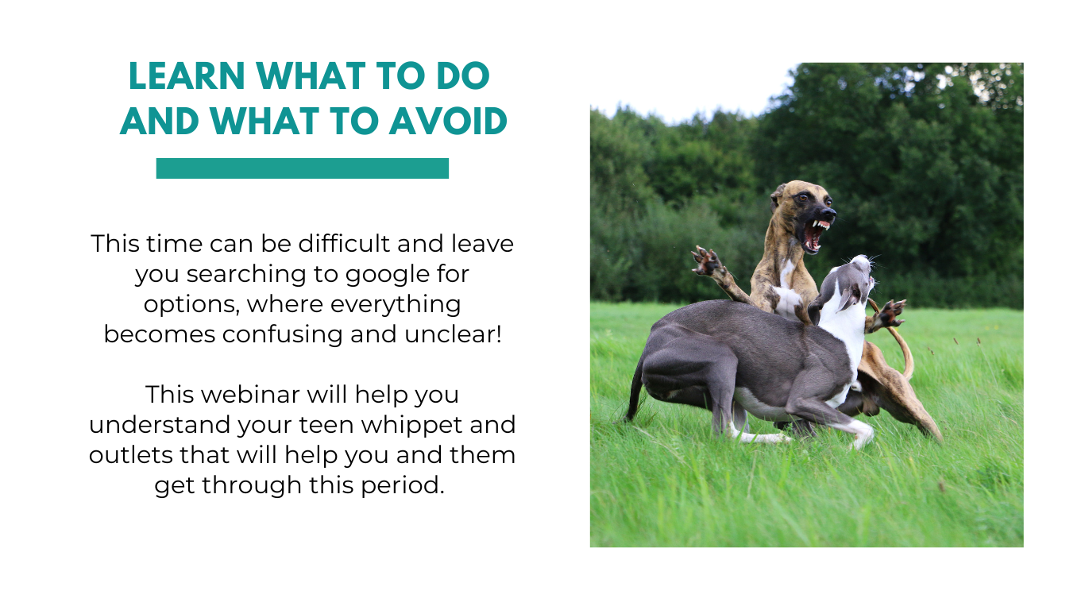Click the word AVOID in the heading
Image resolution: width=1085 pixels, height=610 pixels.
click(x=449, y=122)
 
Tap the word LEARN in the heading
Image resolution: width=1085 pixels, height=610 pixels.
click(x=187, y=76)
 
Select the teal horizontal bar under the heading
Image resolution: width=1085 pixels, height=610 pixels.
click(x=303, y=168)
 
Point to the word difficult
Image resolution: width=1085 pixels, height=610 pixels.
click(x=344, y=243)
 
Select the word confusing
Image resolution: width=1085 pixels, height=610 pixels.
click(x=283, y=335)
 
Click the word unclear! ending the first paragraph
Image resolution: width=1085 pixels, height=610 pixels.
click(x=454, y=334)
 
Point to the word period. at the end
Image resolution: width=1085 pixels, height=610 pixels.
click(x=403, y=486)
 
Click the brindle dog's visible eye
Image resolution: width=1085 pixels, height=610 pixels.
click(x=802, y=197)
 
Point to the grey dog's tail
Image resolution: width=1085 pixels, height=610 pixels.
click(x=634, y=392)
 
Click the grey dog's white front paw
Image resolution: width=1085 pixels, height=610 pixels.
click(x=861, y=432)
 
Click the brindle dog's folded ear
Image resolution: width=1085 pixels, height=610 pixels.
click(x=778, y=195)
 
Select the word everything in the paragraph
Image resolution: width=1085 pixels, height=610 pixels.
click(x=396, y=305)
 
